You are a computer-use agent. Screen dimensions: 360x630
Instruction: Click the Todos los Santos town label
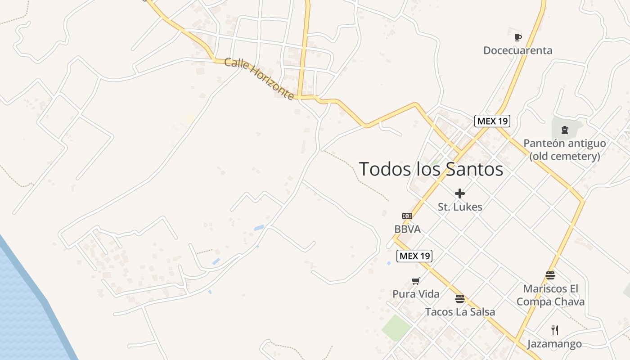point(431,169)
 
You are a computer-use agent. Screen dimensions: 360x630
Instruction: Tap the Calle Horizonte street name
point(259,79)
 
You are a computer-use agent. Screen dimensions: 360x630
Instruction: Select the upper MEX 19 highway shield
point(492,121)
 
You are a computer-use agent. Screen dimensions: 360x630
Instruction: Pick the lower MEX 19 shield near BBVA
point(414,256)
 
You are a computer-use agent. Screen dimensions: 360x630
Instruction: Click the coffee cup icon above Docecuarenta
point(517,37)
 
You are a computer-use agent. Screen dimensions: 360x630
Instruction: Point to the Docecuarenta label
point(517,50)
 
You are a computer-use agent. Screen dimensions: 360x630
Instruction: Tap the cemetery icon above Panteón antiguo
point(564,130)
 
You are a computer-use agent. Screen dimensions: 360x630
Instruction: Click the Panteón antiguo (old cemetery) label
point(564,150)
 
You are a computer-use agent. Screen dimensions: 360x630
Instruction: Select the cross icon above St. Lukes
point(459,193)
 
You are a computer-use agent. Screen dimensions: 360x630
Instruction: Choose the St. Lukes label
point(460,207)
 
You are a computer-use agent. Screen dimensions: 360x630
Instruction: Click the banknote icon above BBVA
point(407,216)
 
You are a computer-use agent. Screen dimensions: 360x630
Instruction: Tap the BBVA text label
point(407,229)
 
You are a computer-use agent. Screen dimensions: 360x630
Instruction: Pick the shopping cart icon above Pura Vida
point(415,281)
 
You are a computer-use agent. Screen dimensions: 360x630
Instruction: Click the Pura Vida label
point(416,294)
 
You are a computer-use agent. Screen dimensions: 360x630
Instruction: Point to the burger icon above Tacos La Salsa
point(459,299)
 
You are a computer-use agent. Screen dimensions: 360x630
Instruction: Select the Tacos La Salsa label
point(460,312)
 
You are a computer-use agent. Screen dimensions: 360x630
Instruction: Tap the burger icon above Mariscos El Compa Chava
point(550,275)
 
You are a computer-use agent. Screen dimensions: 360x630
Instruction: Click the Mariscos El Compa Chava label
point(550,295)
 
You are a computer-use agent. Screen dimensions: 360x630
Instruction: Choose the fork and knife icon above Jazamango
point(554,330)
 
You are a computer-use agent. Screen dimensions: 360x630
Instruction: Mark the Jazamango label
point(554,344)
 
